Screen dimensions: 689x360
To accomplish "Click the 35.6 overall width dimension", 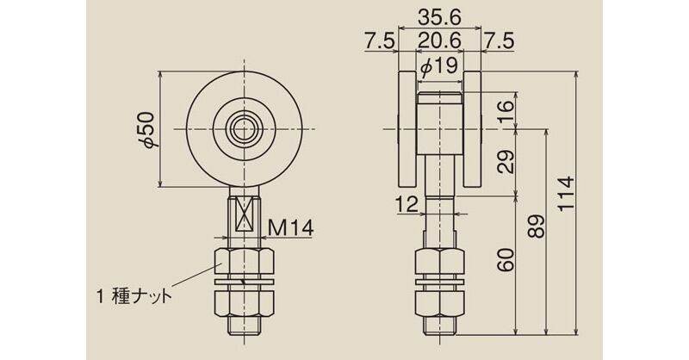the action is point(439,17).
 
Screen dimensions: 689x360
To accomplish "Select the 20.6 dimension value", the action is point(439,40).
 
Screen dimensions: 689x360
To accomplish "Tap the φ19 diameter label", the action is point(439,66).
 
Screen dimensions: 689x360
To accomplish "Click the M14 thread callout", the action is point(290,227).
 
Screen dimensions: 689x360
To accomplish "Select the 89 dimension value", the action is point(537,227).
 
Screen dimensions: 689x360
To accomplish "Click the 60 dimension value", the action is point(506,260).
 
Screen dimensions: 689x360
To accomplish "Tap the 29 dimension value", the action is point(506,162).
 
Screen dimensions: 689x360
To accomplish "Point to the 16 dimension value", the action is point(506,112).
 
